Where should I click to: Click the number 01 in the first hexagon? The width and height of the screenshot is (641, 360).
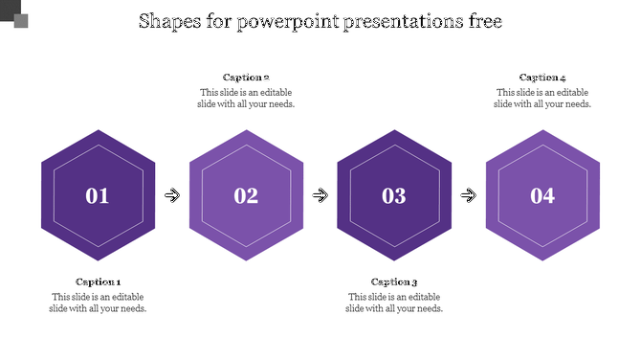click(x=98, y=196)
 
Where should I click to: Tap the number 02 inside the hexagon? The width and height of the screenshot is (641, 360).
click(x=246, y=196)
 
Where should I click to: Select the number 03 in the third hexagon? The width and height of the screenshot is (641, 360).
click(x=394, y=196)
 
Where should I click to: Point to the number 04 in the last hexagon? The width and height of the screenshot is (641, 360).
click(x=542, y=196)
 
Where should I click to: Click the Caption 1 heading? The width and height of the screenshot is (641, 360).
click(x=98, y=281)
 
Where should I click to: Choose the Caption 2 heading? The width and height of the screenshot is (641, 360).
click(x=246, y=78)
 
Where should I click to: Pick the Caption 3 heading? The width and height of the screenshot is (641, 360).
click(x=394, y=281)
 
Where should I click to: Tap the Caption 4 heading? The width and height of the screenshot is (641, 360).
click(x=542, y=78)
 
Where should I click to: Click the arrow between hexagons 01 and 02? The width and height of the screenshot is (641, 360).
click(x=172, y=195)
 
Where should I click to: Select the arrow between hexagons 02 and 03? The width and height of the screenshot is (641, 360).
click(x=320, y=195)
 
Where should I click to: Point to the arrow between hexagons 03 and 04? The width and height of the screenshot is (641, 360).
click(x=469, y=195)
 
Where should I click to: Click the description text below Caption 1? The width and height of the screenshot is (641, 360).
click(x=98, y=303)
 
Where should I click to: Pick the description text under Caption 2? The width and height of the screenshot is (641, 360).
click(x=246, y=98)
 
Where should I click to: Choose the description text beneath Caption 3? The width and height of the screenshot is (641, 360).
click(x=394, y=303)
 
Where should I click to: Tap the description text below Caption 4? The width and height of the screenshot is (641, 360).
click(x=542, y=98)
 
